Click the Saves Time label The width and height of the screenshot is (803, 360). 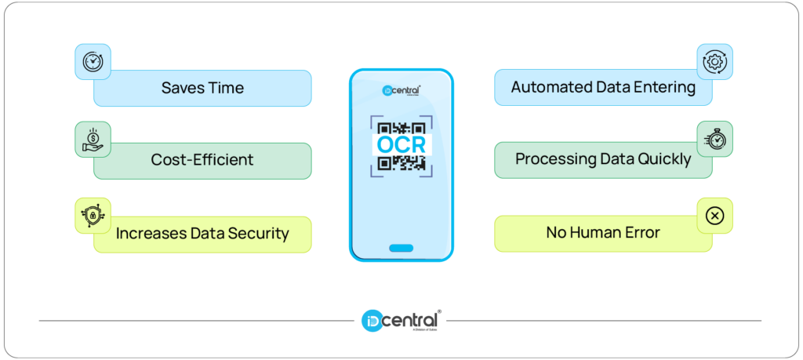pyautogui.click(x=202, y=88)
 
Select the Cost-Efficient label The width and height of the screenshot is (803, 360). pyautogui.click(x=202, y=160)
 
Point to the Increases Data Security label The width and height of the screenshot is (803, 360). pyautogui.click(x=202, y=233)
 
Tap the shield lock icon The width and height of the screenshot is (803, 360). pyautogui.click(x=93, y=214)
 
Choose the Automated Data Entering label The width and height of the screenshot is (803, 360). pyautogui.click(x=603, y=87)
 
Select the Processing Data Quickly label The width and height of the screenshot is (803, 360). pyautogui.click(x=603, y=159)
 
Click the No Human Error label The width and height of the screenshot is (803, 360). pyautogui.click(x=603, y=233)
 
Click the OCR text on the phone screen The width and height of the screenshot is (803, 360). pyautogui.click(x=401, y=145)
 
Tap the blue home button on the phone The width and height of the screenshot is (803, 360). pyautogui.click(x=401, y=248)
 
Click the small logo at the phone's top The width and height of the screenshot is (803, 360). pyautogui.click(x=401, y=90)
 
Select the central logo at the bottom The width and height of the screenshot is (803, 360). pyautogui.click(x=401, y=320)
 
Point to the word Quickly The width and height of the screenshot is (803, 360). pyautogui.click(x=663, y=159)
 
